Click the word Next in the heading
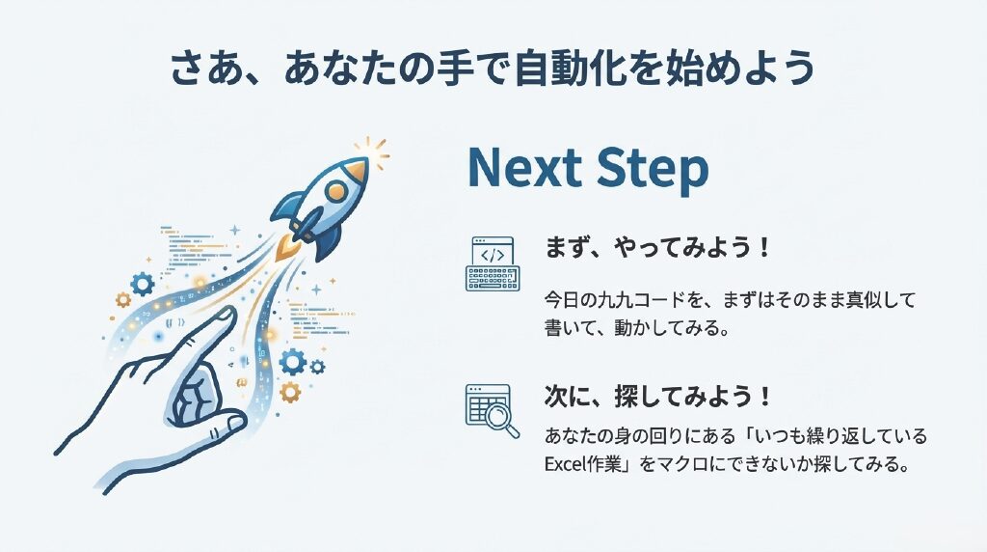(525, 168)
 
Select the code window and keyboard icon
(493, 263)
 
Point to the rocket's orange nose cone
(355, 170)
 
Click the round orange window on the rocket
(337, 190)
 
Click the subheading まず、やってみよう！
(657, 247)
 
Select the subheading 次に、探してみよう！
(657, 397)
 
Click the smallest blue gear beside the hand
(318, 366)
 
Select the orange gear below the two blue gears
(290, 391)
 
